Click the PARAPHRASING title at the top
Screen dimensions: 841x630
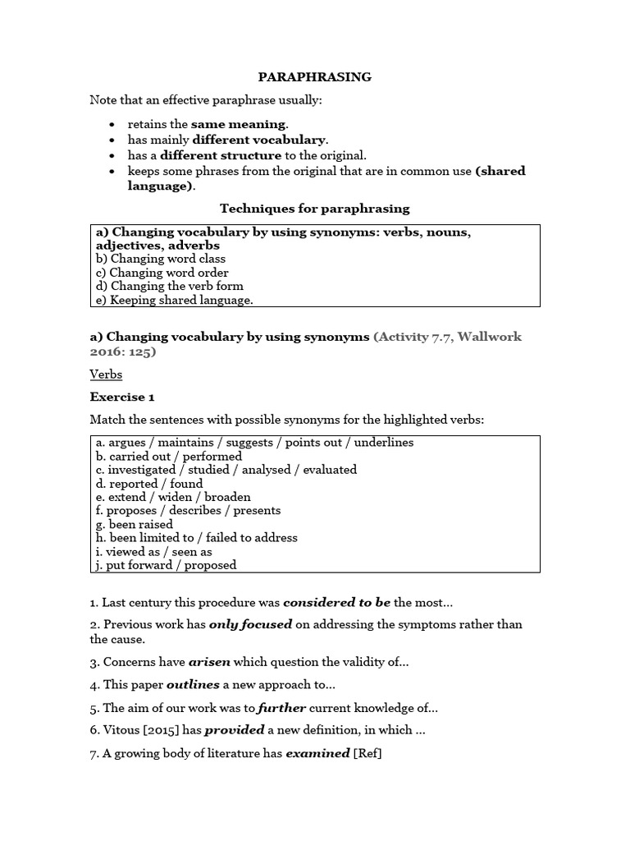(x=315, y=77)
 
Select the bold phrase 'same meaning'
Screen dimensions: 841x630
(x=239, y=125)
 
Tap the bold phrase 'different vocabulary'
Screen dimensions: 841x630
(x=259, y=140)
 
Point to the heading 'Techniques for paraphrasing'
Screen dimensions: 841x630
(x=315, y=209)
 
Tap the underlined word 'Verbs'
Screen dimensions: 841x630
(x=106, y=375)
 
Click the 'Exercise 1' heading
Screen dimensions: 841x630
(x=122, y=398)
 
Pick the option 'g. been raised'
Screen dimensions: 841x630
(x=135, y=524)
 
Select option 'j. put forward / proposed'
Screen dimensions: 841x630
(x=166, y=565)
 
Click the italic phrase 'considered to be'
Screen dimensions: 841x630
(x=336, y=603)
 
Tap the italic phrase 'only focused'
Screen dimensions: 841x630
(x=250, y=624)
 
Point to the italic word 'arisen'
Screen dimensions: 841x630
(x=208, y=661)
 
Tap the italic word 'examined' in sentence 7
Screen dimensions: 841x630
(x=317, y=753)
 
